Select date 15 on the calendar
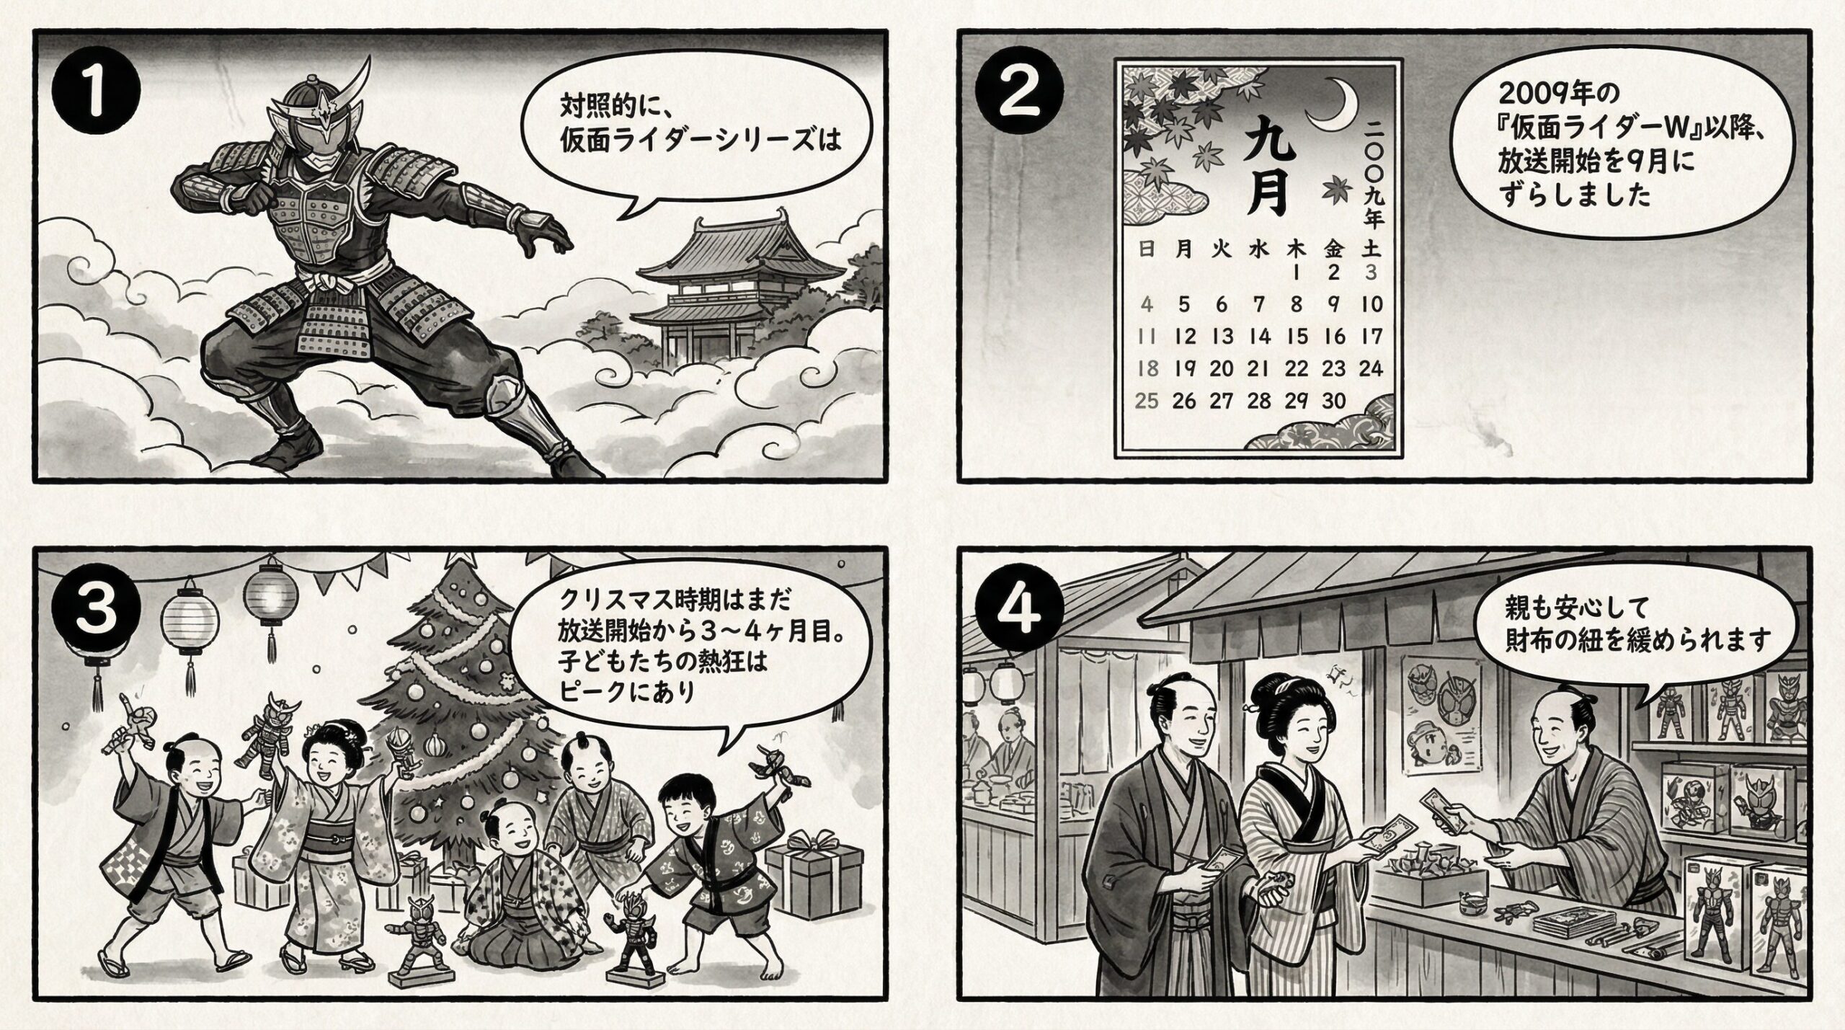[x=1297, y=336]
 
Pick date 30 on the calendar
[x=1334, y=400]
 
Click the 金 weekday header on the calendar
[x=1333, y=249]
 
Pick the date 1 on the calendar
[x=1297, y=273]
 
